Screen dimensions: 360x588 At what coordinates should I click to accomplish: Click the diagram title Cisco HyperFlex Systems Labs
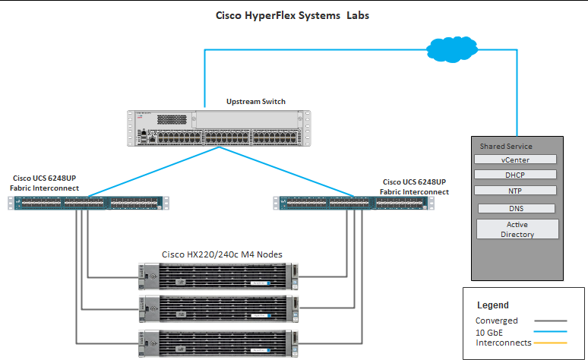[x=292, y=15]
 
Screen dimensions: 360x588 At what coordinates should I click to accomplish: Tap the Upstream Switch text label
[x=256, y=101]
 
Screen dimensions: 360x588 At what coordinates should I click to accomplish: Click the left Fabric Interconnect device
[x=88, y=203]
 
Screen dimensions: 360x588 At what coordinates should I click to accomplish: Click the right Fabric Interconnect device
[x=354, y=203]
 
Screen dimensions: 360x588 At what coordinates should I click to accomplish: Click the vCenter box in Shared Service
[x=516, y=160]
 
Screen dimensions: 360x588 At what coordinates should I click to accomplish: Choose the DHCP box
[x=516, y=175]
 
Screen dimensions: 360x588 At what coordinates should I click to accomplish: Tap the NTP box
[x=516, y=191]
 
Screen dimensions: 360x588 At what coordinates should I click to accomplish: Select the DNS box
[x=516, y=208]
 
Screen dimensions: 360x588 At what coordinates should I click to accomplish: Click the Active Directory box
[x=517, y=229]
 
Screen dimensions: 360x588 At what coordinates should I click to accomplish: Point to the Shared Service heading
[x=506, y=146]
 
